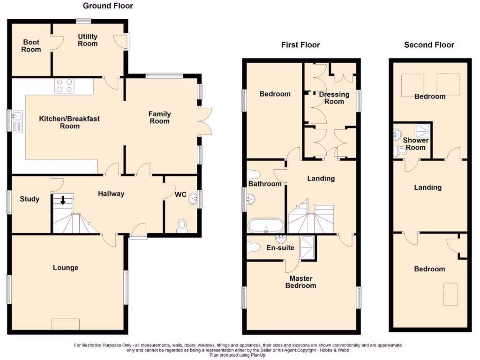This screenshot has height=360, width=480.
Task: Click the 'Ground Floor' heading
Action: pyautogui.click(x=108, y=6)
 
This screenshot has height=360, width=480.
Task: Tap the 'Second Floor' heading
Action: pyautogui.click(x=429, y=45)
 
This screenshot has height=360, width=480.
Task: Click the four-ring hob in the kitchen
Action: pyautogui.click(x=65, y=86)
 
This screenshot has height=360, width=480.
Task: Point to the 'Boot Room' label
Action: pyautogui.click(x=31, y=45)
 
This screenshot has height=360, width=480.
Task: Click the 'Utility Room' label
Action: pyautogui.click(x=88, y=40)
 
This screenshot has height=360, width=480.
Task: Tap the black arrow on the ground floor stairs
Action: pyautogui.click(x=62, y=200)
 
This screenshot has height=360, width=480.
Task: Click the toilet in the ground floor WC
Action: pyautogui.click(x=182, y=226)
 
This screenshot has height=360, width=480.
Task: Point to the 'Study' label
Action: pyautogui.click(x=30, y=199)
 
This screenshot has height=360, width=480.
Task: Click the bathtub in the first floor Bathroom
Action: pyautogui.click(x=265, y=225)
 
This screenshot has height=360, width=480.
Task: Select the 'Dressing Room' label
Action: pyautogui.click(x=334, y=97)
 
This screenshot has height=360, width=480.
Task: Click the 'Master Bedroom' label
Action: pyautogui.click(x=300, y=282)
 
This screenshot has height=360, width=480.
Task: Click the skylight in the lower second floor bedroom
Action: pyautogui.click(x=451, y=293)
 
